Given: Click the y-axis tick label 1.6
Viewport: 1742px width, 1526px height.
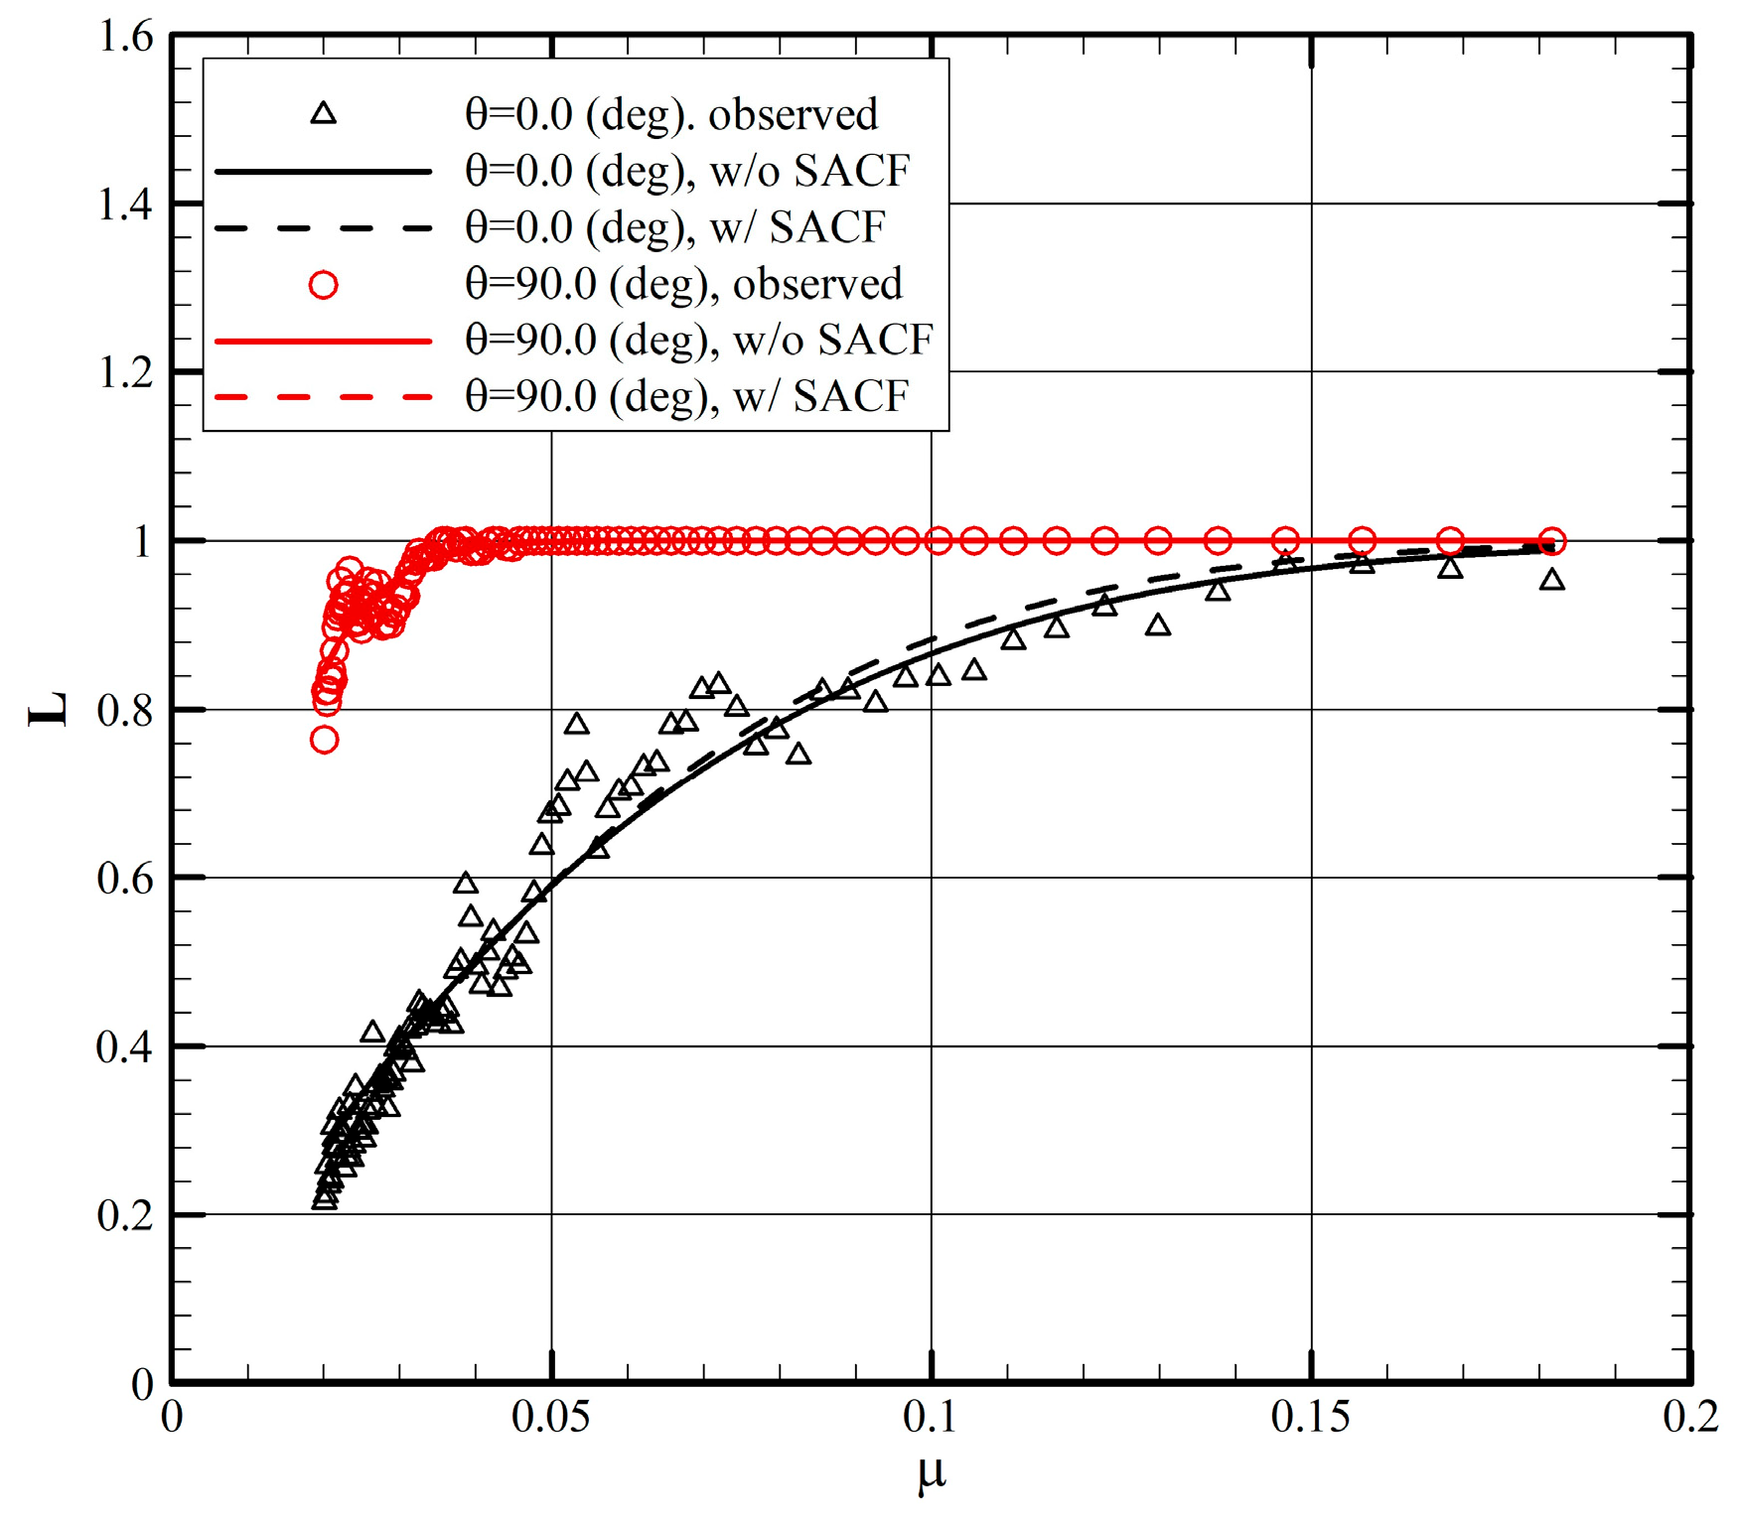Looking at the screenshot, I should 126,38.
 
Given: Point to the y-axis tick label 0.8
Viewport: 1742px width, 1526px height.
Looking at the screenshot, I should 126,711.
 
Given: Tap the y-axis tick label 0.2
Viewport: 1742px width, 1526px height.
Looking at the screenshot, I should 126,1215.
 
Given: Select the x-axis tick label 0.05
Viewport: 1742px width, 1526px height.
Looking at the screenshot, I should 551,1418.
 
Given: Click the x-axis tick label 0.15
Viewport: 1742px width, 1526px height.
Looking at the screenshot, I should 1311,1418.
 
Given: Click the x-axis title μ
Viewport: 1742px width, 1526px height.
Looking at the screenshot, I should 932,1474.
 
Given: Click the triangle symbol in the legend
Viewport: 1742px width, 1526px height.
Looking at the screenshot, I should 323,114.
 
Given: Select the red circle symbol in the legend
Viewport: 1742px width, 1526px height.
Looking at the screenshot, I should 323,285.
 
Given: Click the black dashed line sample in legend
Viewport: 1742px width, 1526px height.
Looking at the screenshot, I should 323,228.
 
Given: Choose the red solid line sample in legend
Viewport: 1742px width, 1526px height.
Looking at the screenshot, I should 323,341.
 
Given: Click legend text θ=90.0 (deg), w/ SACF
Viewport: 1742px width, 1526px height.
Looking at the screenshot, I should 686,397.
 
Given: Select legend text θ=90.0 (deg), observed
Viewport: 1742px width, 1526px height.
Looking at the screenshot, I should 683,285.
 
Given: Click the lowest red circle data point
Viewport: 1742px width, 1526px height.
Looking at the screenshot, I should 324,740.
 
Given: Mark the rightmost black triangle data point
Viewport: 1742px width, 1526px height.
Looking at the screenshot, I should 1552,580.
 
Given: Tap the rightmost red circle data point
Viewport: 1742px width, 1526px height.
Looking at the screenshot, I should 1552,541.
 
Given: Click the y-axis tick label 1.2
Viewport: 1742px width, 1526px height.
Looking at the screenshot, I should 126,373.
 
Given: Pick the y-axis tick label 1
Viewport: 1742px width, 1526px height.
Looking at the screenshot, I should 142,542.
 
